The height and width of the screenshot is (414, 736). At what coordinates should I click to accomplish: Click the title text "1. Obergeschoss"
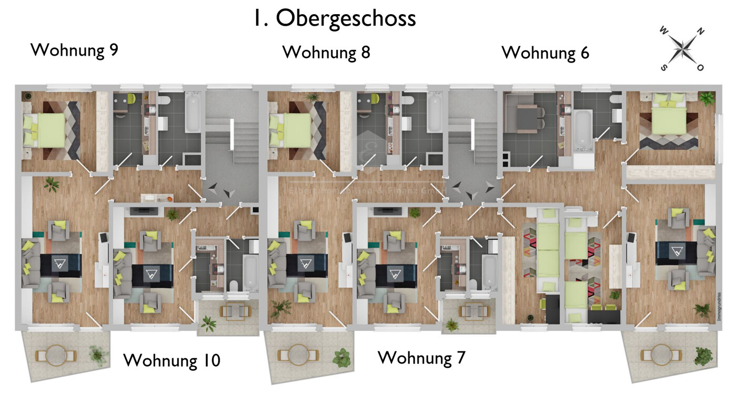pyautogui.click(x=334, y=18)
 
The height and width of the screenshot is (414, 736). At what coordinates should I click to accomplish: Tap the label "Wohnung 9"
pyautogui.click(x=74, y=50)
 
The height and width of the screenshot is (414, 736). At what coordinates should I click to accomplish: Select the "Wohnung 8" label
pyautogui.click(x=326, y=52)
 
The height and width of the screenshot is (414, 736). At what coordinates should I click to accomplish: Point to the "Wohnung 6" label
pyautogui.click(x=545, y=53)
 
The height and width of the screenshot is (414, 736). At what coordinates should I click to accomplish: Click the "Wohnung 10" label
pyautogui.click(x=172, y=360)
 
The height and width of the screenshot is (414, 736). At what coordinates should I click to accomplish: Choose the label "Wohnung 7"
pyautogui.click(x=421, y=358)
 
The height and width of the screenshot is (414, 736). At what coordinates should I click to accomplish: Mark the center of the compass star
pyautogui.click(x=682, y=49)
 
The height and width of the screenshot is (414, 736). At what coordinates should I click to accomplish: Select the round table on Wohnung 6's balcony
pyautogui.click(x=661, y=355)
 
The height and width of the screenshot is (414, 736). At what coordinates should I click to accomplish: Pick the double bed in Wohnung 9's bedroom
pyautogui.click(x=46, y=129)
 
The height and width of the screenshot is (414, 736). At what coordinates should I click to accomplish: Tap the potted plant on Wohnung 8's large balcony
pyautogui.click(x=341, y=358)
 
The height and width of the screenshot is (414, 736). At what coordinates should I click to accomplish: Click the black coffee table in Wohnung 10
pyautogui.click(x=152, y=274)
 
